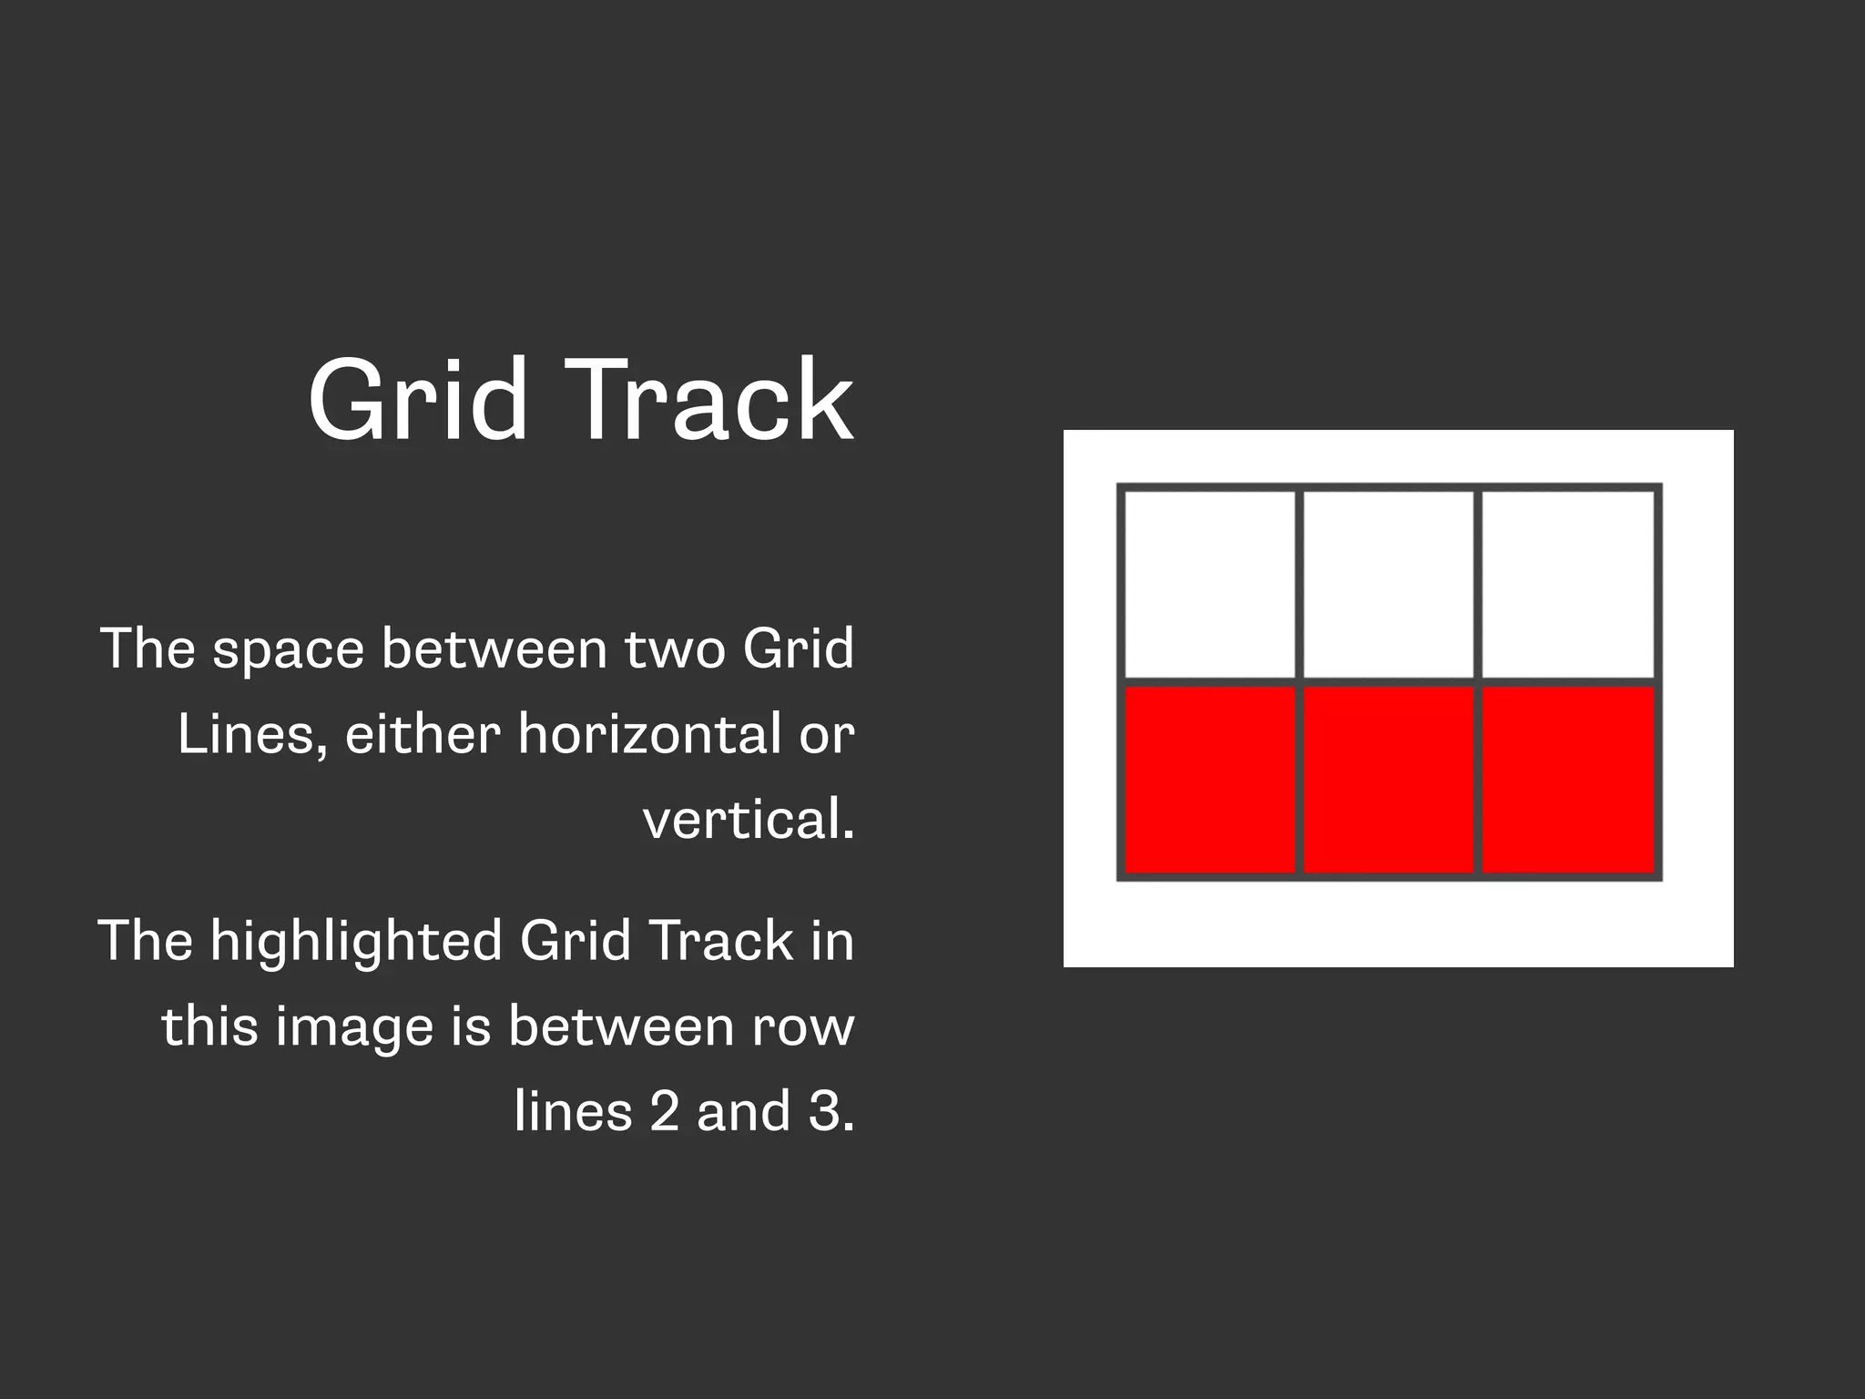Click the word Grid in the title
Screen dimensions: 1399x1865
coord(418,400)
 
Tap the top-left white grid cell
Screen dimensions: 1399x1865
coord(1210,585)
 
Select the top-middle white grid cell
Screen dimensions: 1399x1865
coord(1389,585)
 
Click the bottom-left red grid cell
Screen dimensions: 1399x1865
coord(1210,780)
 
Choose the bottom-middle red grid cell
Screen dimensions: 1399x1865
coord(1389,780)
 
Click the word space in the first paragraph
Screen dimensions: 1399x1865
coord(288,650)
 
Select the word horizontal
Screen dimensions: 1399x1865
coord(649,734)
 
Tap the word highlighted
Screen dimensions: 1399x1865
coord(356,941)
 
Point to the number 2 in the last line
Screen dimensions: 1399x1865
coord(665,1112)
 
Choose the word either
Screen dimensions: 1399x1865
coord(423,734)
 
